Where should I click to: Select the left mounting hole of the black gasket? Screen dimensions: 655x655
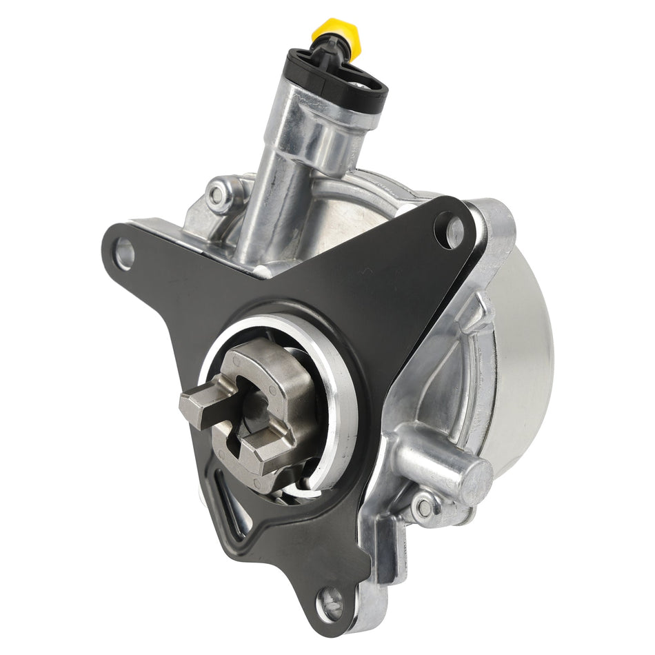[x=125, y=253]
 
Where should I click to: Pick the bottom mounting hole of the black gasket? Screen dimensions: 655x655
[x=330, y=604]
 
